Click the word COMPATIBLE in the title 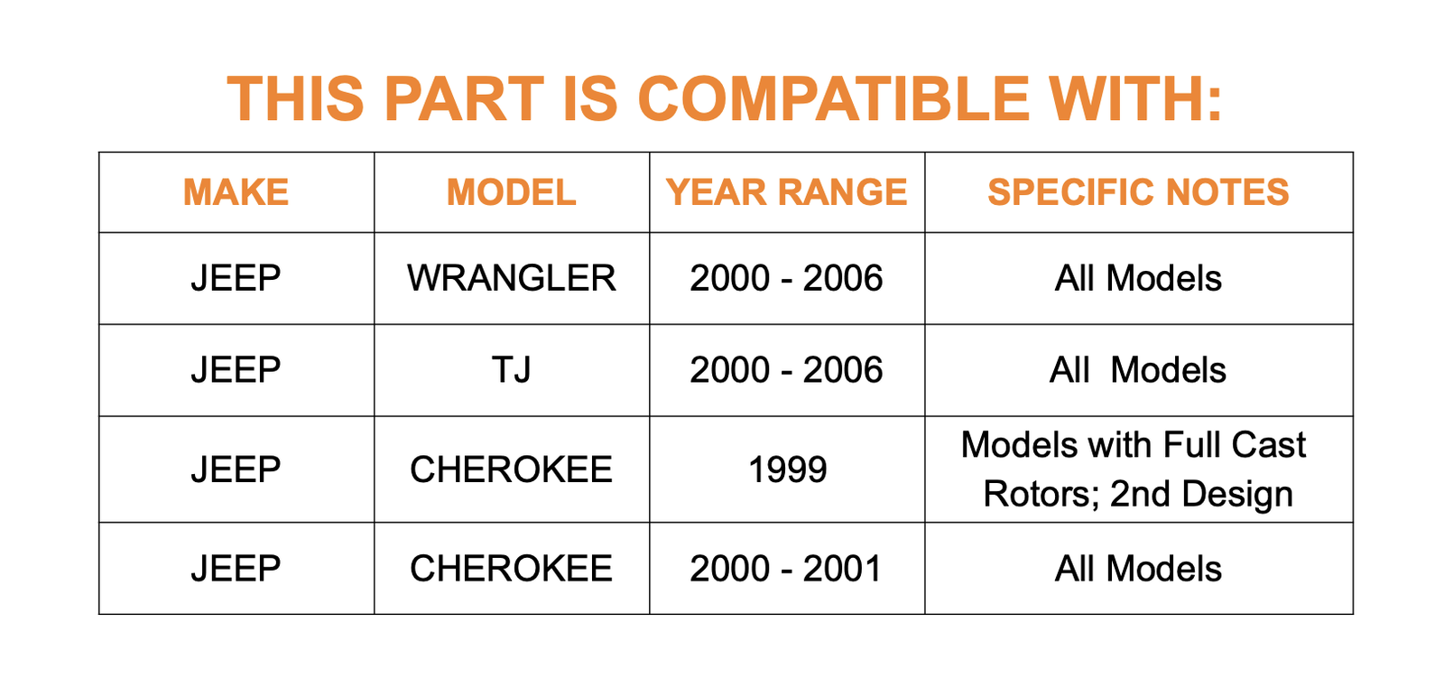click(x=834, y=98)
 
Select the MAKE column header click(x=236, y=192)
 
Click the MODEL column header click(x=511, y=192)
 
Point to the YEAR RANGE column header click(x=787, y=192)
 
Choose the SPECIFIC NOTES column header click(x=1138, y=192)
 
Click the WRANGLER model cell click(x=511, y=279)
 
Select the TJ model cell click(x=511, y=370)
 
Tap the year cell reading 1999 click(x=787, y=470)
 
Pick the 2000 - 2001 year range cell click(x=786, y=569)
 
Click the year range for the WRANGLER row click(x=786, y=279)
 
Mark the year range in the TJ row click(x=786, y=370)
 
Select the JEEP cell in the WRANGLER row click(x=236, y=279)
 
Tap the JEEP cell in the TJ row click(x=236, y=370)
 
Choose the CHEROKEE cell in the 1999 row click(x=511, y=470)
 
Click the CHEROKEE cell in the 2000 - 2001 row click(x=511, y=569)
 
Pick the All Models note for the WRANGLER click(x=1138, y=279)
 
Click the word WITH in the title click(x=1134, y=98)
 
